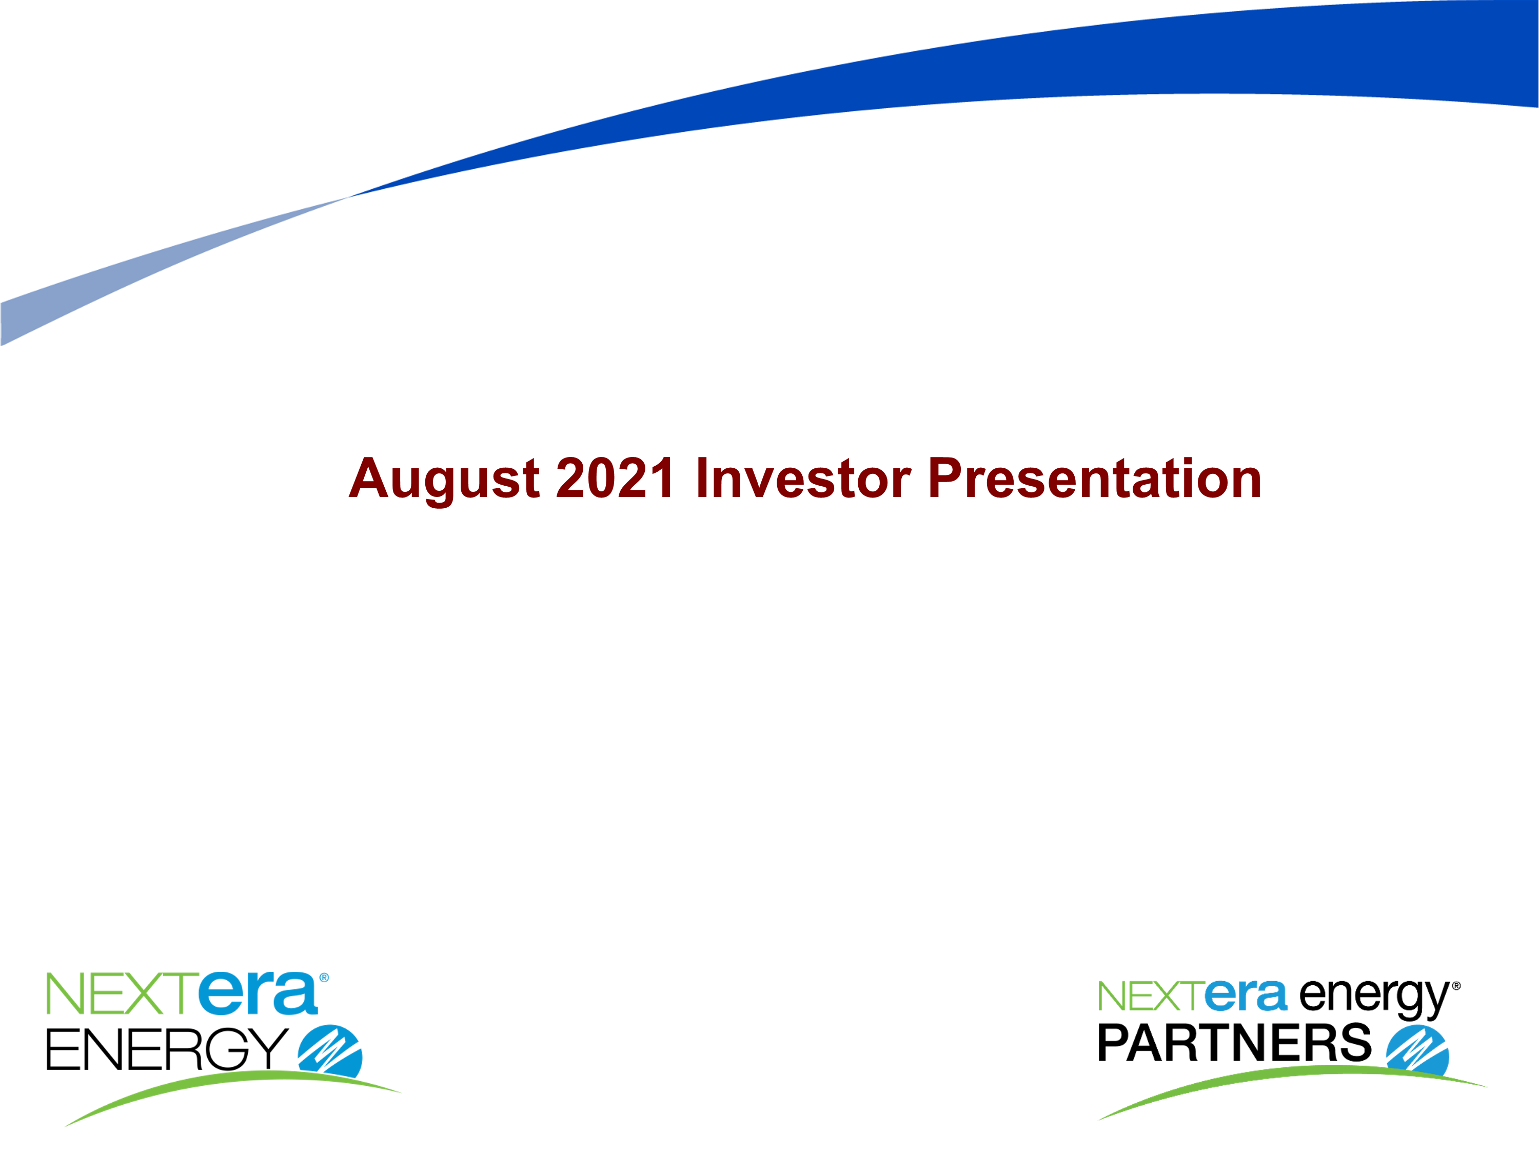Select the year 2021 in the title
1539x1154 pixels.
pyautogui.click(x=615, y=478)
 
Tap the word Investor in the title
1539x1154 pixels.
pyautogui.click(x=803, y=478)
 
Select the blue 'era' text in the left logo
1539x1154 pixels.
pyautogui.click(x=258, y=994)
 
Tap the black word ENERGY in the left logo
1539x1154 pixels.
pyautogui.click(x=167, y=1049)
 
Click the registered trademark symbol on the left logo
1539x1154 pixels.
pyautogui.click(x=324, y=978)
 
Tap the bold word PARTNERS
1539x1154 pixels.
pyautogui.click(x=1234, y=1043)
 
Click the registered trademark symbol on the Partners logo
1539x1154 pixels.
pyautogui.click(x=1456, y=986)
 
